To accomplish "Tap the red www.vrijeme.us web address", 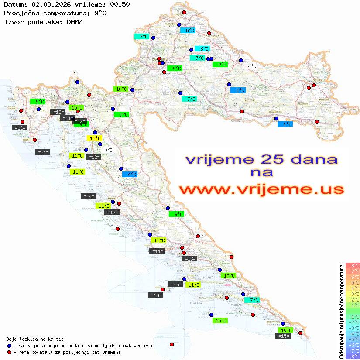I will click(261, 189).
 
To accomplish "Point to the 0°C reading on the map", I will click(109, 151).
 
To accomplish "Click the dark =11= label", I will click(67, 118).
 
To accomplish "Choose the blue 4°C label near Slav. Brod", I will click(285, 124).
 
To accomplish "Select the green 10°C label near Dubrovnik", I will click(285, 330).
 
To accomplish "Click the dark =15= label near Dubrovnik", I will click(283, 336).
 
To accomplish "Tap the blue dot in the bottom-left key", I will click(10, 346).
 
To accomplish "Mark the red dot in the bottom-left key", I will click(10, 352).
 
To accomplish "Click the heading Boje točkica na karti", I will click(35, 339).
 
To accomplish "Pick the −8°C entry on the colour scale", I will click(353, 357).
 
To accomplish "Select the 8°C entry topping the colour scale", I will click(353, 266).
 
